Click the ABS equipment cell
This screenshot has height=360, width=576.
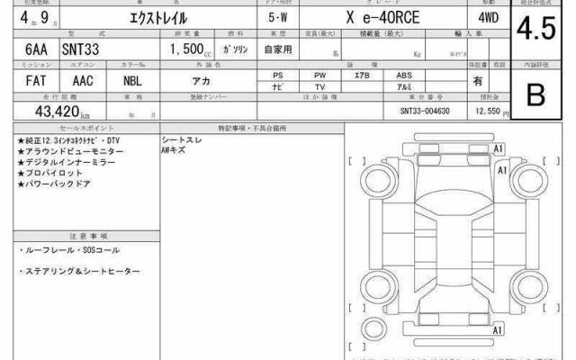pyautogui.click(x=404, y=75)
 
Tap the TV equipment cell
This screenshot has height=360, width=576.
pyautogui.click(x=320, y=86)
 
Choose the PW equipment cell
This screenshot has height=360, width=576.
pyautogui.click(x=320, y=75)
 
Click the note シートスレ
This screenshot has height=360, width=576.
pyautogui.click(x=180, y=141)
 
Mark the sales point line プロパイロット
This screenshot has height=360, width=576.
pyautogui.click(x=54, y=172)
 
